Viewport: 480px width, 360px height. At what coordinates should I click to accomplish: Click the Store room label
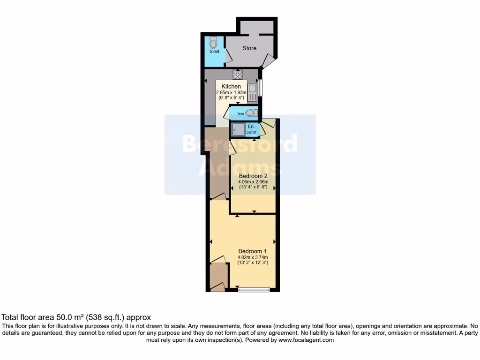coord(249,48)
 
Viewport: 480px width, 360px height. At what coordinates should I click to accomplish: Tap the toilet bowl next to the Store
coord(214,44)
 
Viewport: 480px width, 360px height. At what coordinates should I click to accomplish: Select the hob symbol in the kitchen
coord(238,74)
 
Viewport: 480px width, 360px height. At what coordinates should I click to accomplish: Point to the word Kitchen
coord(231,87)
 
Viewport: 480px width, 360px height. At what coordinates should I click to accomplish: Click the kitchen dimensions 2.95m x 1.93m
coord(231,93)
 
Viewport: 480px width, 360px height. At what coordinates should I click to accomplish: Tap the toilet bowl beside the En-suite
coord(251,113)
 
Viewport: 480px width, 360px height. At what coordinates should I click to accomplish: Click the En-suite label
coord(251,129)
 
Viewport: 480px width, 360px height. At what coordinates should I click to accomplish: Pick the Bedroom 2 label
coord(253,177)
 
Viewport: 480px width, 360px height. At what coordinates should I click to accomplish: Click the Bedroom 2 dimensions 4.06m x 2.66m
coord(253,182)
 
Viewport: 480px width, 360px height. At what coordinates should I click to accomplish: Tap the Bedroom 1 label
coord(253,250)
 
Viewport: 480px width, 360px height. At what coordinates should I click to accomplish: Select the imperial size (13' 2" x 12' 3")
coord(253,262)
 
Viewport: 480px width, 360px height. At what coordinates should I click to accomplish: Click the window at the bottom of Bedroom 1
coord(254,290)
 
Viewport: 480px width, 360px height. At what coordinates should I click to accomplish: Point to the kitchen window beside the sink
coord(261,88)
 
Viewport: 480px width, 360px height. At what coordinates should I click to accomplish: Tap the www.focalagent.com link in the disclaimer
coord(306,340)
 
